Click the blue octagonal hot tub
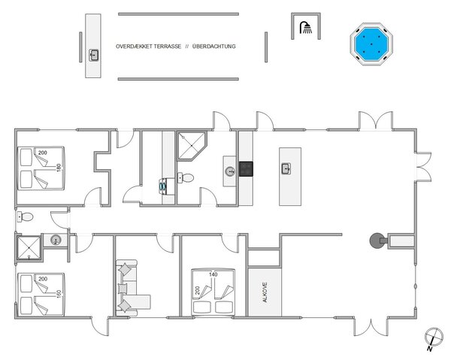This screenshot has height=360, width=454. pyautogui.click(x=372, y=45)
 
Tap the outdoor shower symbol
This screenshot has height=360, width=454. pyautogui.click(x=304, y=29)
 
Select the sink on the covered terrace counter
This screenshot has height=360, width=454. pyautogui.click(x=94, y=54)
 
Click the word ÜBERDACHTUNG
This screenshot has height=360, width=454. pyautogui.click(x=215, y=47)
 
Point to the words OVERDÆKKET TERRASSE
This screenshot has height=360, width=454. pyautogui.click(x=148, y=47)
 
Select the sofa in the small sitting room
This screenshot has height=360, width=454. pyautogui.click(x=126, y=286)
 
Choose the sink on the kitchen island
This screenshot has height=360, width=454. pyautogui.click(x=286, y=168)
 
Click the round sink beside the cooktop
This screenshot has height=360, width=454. pyautogui.click(x=229, y=170)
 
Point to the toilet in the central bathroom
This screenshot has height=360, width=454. pyautogui.click(x=188, y=178)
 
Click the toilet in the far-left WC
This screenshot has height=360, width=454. pyautogui.click(x=26, y=216)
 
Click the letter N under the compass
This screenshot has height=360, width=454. pyautogui.click(x=427, y=349)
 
